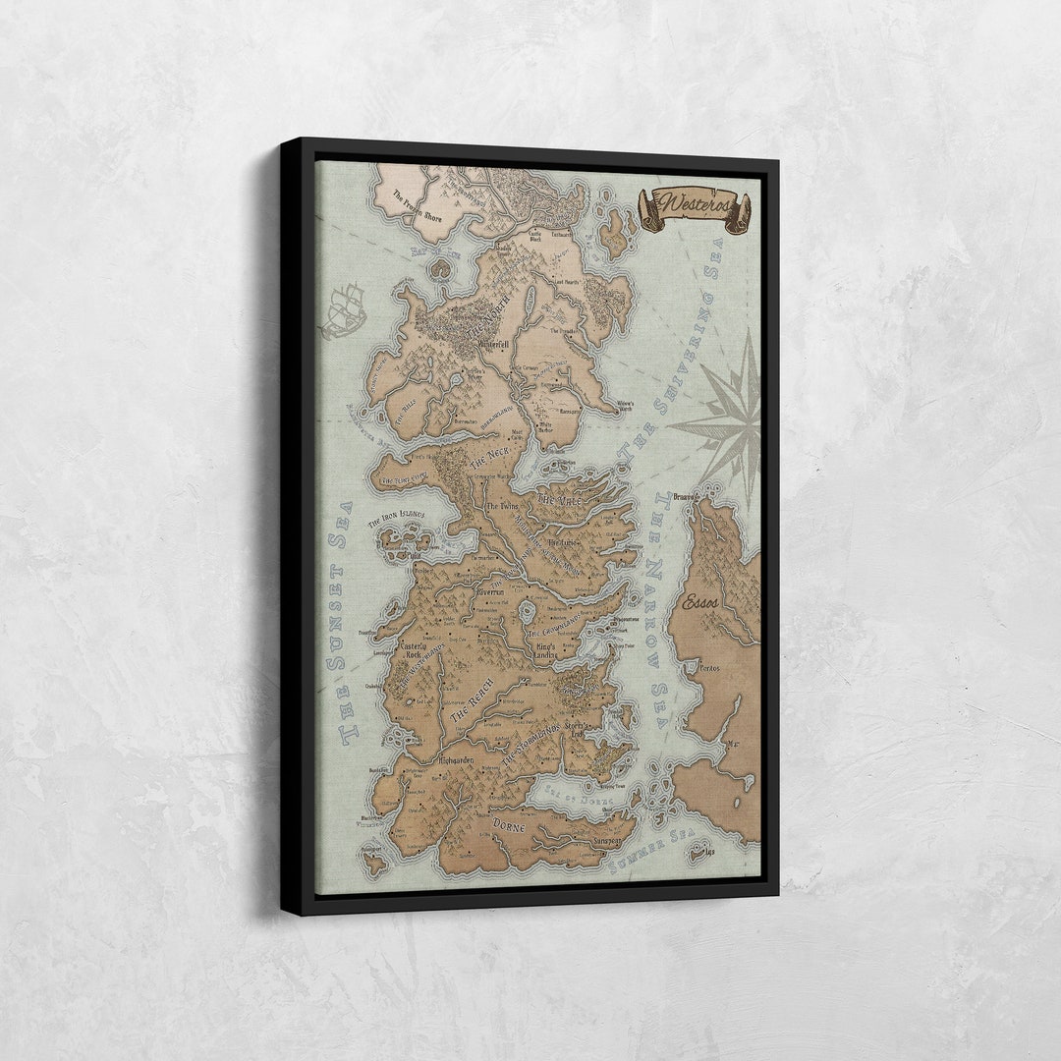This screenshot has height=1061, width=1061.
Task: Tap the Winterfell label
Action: point(491,345)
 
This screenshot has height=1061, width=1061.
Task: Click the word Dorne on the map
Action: point(509,824)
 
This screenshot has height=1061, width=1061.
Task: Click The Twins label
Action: point(502,505)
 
